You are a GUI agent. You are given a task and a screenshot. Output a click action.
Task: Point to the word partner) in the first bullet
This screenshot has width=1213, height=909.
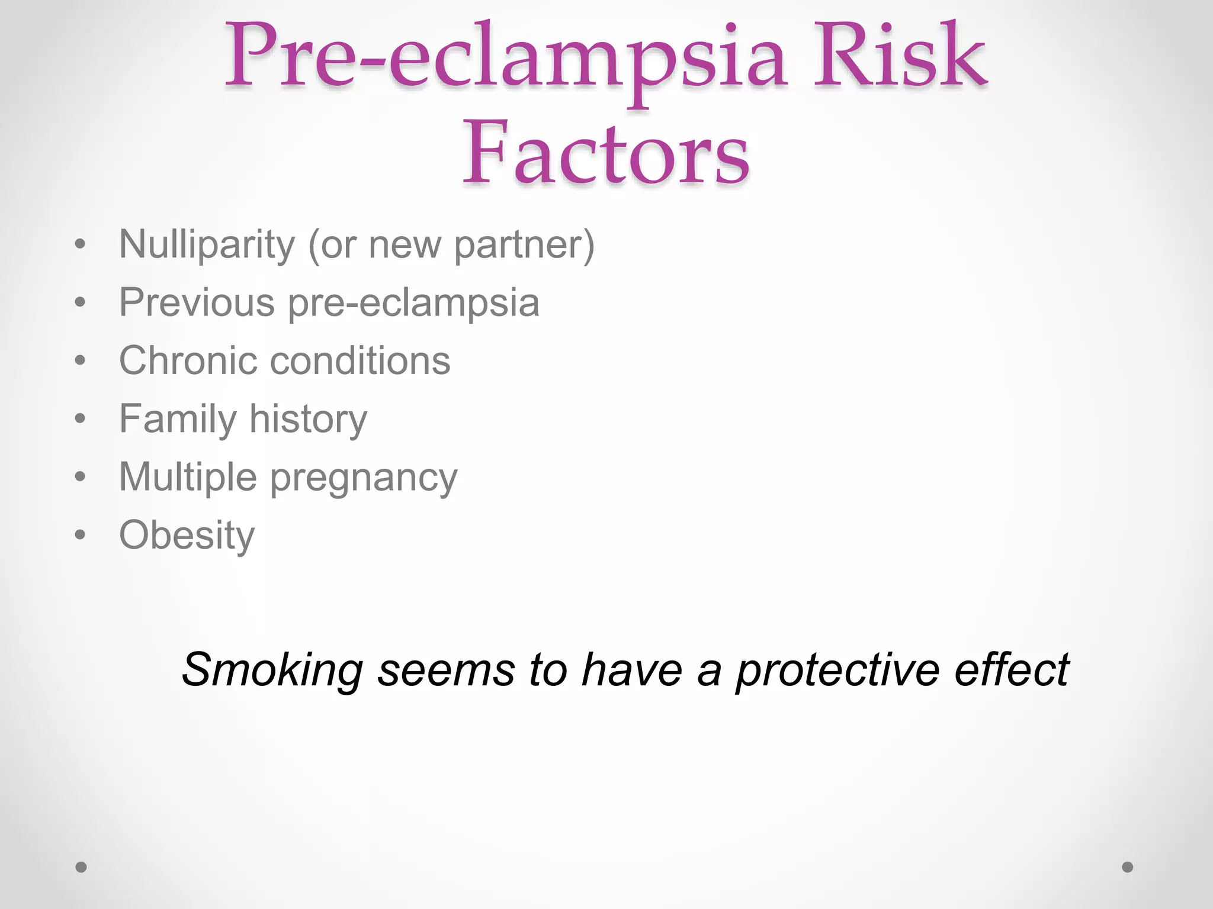point(524,244)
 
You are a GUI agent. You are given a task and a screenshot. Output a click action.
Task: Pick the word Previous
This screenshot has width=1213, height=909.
point(197,302)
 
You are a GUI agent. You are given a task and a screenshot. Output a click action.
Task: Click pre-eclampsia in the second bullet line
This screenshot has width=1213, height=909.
point(413,302)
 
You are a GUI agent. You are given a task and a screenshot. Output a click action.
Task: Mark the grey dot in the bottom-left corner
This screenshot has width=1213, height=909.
point(81,867)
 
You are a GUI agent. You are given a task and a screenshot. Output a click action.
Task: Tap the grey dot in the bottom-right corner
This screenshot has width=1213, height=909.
point(1128,867)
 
